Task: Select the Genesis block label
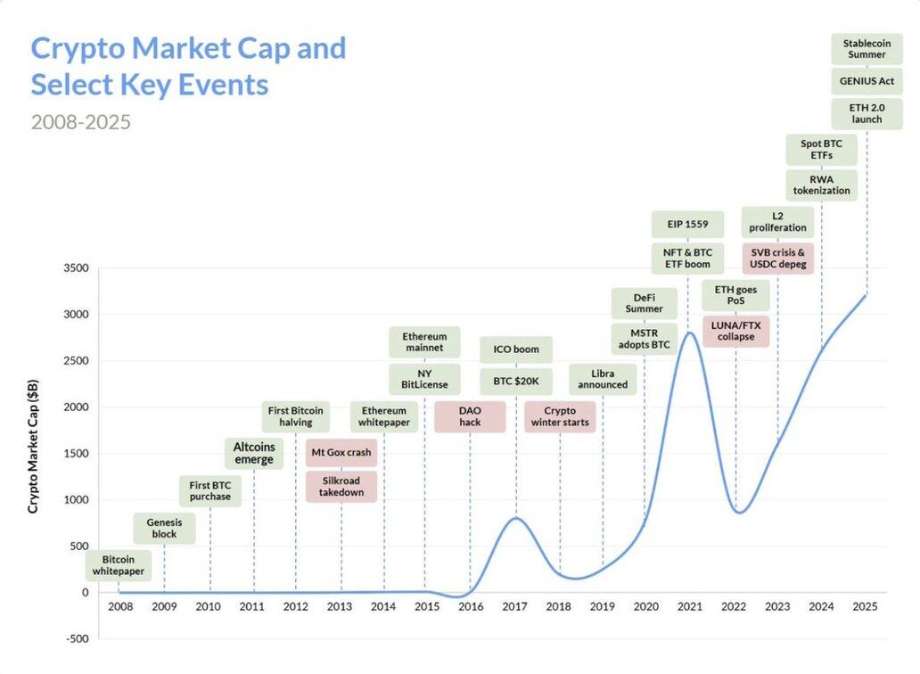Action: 164,528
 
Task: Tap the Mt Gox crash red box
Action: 341,452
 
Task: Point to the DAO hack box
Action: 470,416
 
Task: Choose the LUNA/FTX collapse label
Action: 735,331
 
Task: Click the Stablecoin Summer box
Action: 867,48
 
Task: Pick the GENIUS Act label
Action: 867,81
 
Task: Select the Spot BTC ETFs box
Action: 821,149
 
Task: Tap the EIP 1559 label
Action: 687,224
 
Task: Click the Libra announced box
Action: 603,379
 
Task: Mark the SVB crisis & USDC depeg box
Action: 777,259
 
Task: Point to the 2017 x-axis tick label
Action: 514,607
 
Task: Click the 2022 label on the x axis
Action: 734,607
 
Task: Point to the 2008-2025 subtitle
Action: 80,121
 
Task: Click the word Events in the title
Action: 231,85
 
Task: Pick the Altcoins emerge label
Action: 254,453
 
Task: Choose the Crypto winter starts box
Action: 560,416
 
